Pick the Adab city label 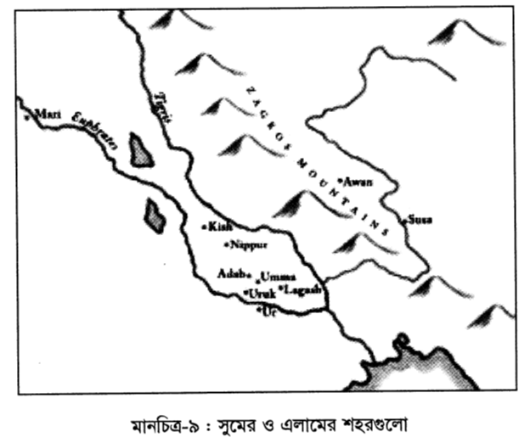coord(231,274)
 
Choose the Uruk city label coord(261,294)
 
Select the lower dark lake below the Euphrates coord(154,214)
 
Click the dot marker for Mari coord(27,117)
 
